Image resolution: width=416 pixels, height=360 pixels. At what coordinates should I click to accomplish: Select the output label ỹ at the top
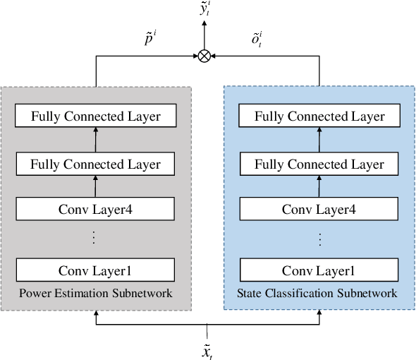(x=205, y=9)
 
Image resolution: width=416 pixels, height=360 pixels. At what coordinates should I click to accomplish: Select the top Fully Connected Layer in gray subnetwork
(x=95, y=116)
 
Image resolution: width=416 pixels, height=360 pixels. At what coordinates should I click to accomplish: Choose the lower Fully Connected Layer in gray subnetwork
(x=95, y=164)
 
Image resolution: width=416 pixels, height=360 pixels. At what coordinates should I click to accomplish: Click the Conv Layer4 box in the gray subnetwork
(x=95, y=209)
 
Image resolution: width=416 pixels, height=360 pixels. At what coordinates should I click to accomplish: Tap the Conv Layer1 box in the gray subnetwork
(x=95, y=270)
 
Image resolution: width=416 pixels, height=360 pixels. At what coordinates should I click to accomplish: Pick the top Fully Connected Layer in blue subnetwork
(x=319, y=116)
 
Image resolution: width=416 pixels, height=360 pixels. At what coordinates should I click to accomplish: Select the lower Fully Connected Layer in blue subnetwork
(x=319, y=164)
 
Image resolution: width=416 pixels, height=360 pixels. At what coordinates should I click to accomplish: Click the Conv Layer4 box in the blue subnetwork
(x=319, y=209)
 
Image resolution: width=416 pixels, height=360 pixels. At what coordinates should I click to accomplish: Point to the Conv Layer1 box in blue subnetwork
(x=319, y=270)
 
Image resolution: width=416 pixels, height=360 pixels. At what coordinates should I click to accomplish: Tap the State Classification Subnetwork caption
(x=317, y=293)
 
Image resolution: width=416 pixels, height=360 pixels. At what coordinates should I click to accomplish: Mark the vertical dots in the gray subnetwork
(x=94, y=239)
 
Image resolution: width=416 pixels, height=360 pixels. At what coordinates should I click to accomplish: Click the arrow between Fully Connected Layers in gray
(x=95, y=140)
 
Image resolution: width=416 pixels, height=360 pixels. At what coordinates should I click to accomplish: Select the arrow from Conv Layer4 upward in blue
(x=319, y=186)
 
